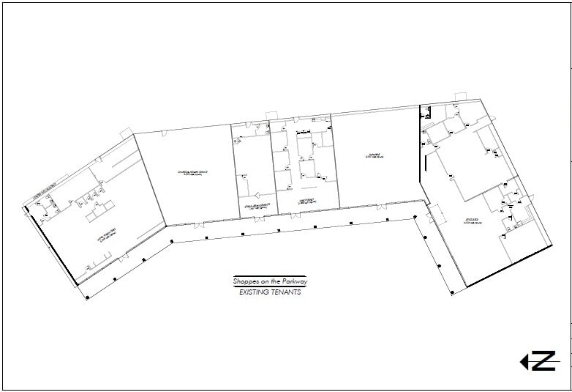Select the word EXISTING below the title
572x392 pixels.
pos(255,292)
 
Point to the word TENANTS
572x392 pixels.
pos(285,292)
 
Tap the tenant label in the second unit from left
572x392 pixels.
pos(192,174)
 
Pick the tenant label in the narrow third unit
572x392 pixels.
pos(250,207)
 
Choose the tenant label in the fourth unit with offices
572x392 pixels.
pos(306,199)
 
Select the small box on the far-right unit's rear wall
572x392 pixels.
pos(460,96)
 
